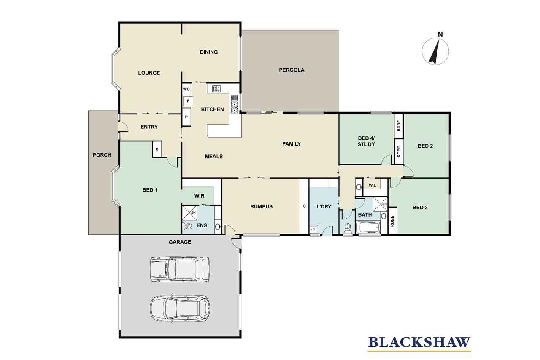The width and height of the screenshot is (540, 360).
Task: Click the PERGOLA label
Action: tap(292, 70)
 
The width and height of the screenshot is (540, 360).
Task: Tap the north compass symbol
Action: tap(435, 50)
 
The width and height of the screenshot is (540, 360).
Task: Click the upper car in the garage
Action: tap(180, 269)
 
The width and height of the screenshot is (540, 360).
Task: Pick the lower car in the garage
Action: tap(180, 309)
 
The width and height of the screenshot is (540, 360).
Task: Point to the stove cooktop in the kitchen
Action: tap(216, 89)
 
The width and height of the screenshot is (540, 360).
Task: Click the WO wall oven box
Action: tap(186, 89)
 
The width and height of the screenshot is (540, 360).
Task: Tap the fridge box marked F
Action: tap(188, 101)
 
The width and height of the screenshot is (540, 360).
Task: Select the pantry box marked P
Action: tap(186, 117)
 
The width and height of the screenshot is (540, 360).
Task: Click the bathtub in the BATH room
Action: tap(368, 227)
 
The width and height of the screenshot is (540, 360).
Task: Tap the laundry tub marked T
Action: tap(313, 230)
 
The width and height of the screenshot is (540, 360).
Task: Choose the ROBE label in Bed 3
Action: tap(392, 221)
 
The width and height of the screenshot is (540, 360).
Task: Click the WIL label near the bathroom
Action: tap(372, 185)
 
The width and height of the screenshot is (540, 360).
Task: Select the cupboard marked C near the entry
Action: tap(157, 149)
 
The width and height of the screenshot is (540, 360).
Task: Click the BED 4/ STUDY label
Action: tap(366, 141)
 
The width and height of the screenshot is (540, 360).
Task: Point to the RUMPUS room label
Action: tap(261, 207)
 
